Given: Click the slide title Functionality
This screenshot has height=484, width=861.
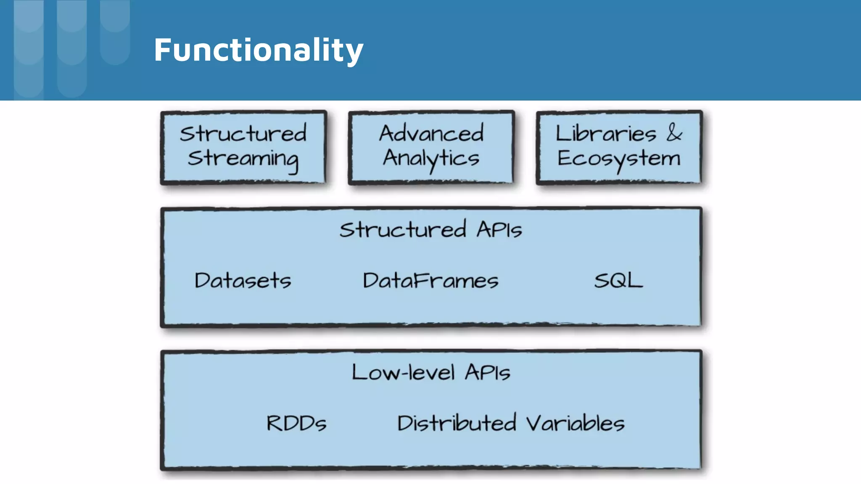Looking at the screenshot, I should [x=258, y=50].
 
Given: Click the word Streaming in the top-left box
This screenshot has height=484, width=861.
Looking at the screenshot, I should [x=243, y=159].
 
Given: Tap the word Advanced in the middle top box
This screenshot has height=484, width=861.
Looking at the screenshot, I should [x=431, y=134].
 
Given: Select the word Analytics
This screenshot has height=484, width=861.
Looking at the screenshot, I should [x=431, y=159].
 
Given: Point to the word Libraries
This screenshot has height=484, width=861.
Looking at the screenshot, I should [x=605, y=134].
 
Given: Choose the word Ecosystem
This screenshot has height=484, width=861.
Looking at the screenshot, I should [x=618, y=159].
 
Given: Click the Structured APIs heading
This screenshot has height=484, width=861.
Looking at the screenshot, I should [x=430, y=230].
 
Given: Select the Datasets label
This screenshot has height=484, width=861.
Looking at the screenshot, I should [x=243, y=280].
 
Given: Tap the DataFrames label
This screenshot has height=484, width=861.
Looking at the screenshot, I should [x=430, y=280].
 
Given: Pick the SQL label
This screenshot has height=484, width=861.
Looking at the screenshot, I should [x=618, y=280].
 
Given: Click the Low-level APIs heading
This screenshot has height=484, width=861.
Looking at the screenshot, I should [x=430, y=373].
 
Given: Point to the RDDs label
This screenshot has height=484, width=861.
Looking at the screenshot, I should [x=296, y=423].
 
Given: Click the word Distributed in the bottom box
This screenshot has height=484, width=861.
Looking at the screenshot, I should [x=457, y=423].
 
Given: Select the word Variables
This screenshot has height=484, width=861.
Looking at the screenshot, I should [x=575, y=423].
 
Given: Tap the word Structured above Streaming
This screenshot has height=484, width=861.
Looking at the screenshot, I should [x=243, y=134].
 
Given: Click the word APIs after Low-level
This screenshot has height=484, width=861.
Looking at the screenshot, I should [x=487, y=373].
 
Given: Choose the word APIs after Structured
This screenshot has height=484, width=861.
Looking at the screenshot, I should [x=499, y=230].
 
